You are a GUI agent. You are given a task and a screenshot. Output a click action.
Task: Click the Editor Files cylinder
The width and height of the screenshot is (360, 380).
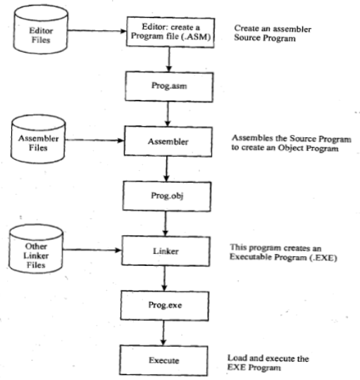(36, 32)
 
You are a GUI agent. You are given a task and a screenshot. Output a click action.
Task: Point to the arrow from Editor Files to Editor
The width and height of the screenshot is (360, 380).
(95, 30)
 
